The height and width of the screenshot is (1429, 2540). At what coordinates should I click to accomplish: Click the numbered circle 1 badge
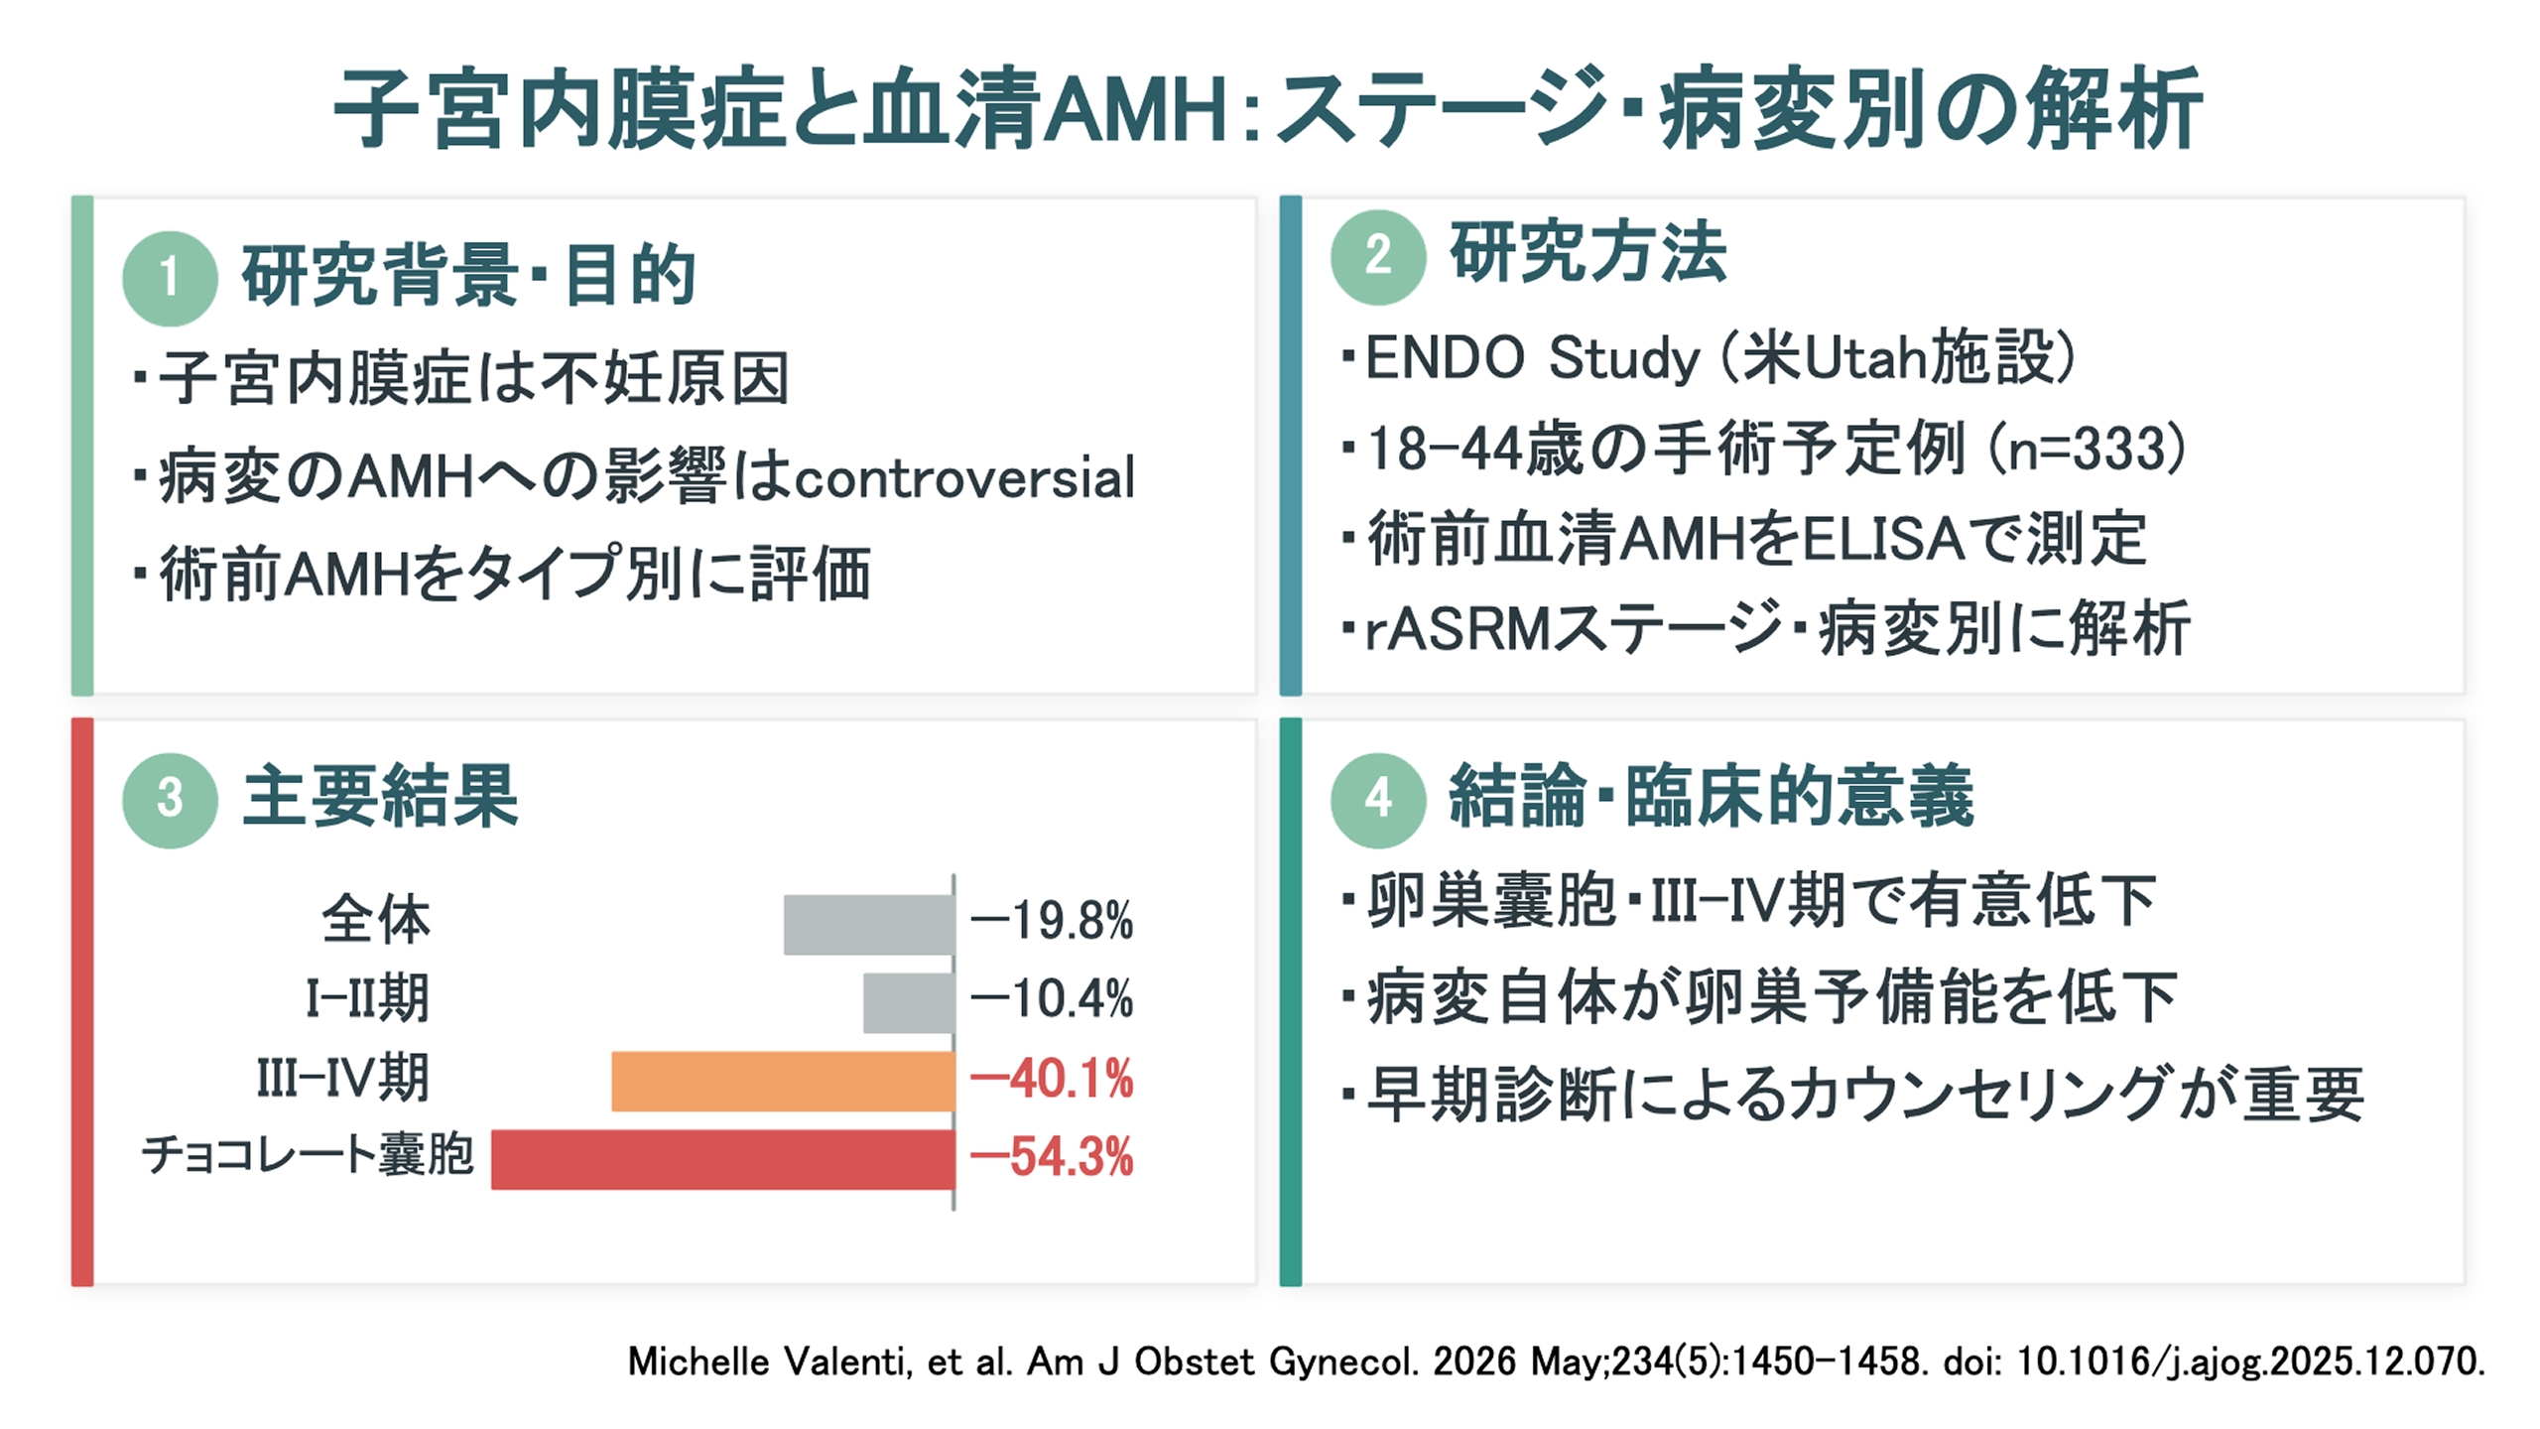tap(170, 278)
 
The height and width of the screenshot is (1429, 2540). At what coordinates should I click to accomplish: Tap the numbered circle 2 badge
tap(1378, 256)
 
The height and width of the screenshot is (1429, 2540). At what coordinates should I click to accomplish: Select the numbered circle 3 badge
tap(170, 800)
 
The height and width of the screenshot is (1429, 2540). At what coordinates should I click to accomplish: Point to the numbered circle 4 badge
tap(1378, 800)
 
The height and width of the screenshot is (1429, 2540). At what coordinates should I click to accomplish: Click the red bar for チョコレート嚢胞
tap(723, 1159)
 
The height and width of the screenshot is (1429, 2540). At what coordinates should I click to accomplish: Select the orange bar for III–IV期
tap(783, 1081)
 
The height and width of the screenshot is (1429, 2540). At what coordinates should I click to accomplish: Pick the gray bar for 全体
tap(869, 925)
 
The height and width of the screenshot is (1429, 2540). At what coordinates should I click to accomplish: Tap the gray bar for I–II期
tap(909, 1003)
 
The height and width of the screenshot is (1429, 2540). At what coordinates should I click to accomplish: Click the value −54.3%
tap(1052, 1158)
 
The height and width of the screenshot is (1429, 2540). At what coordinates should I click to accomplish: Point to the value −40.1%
tap(1052, 1080)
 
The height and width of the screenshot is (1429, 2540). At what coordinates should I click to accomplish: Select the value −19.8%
tap(1052, 922)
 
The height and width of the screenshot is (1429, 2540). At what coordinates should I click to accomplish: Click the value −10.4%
tap(1052, 1000)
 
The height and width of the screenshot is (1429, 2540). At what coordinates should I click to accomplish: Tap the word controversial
tap(964, 479)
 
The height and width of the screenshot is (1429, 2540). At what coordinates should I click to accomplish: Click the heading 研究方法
tap(1587, 254)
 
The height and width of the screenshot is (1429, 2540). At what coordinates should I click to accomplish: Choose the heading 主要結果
tap(380, 797)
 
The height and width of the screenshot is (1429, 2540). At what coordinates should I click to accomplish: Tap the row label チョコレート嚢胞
tap(309, 1156)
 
